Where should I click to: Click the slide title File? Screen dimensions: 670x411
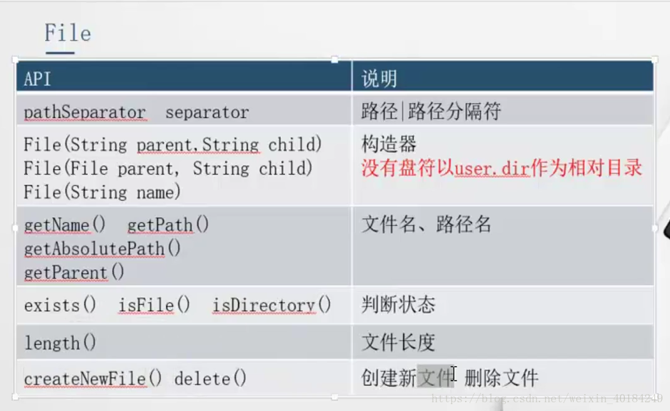[68, 33]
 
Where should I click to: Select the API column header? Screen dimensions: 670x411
[37, 79]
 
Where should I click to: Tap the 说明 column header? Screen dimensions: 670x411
[379, 79]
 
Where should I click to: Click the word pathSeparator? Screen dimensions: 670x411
[85, 113]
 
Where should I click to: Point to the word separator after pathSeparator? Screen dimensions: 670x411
[207, 113]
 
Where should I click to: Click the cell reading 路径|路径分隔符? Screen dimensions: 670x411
[431, 112]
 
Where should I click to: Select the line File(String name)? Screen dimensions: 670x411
[102, 192]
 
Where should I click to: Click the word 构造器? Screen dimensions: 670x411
[389, 143]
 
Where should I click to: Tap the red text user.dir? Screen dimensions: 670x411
[492, 169]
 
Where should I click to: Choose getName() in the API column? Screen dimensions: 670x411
[64, 225]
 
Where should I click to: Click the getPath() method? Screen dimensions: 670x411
[168, 225]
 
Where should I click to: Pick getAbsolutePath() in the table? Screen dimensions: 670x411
[103, 249]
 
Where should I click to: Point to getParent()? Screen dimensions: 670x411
[74, 273]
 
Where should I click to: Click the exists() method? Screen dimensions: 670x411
[60, 305]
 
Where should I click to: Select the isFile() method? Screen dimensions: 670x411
[154, 305]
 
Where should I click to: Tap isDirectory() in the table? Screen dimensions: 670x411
[272, 305]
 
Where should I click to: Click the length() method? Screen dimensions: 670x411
[60, 343]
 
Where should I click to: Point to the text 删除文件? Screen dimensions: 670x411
[501, 378]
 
